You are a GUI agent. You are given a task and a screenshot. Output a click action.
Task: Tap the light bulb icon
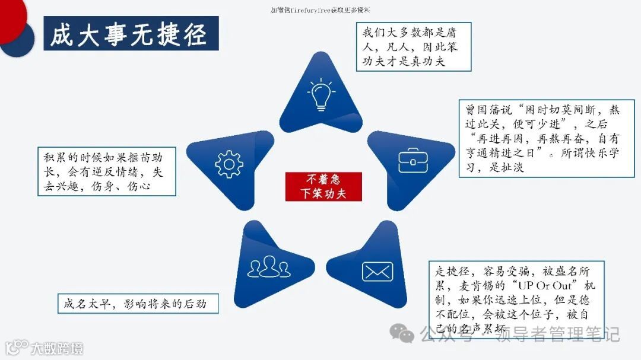point(321,95)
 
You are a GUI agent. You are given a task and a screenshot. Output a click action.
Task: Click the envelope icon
point(377,271)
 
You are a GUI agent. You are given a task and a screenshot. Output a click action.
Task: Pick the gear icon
point(229,164)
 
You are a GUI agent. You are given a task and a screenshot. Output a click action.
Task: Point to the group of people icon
point(269,267)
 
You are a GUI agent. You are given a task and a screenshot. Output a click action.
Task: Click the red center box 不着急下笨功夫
point(323,186)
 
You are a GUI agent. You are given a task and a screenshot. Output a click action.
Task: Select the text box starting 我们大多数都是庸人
point(413,47)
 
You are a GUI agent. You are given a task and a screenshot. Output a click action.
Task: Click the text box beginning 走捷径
point(516,300)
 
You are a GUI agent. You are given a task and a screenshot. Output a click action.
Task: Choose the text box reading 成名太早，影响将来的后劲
point(138,304)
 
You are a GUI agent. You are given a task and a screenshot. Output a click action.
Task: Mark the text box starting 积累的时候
point(107,171)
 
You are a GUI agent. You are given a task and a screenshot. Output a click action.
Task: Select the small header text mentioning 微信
point(320,9)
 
